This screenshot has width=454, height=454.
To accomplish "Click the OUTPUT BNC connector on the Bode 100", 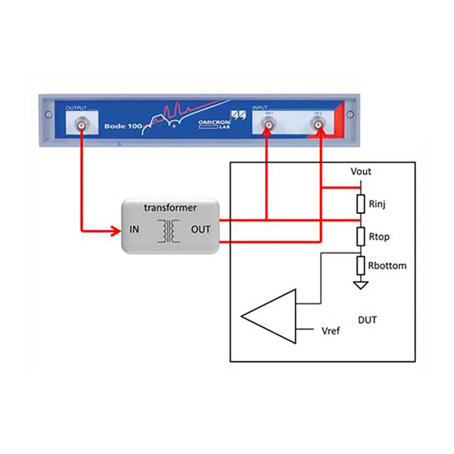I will (x=82, y=124).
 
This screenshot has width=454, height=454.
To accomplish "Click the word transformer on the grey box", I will (x=170, y=208).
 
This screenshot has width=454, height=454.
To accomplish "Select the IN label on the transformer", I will (x=134, y=230).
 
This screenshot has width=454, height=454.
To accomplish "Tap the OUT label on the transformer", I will (x=200, y=230).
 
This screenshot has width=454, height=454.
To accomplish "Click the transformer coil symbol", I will (x=168, y=231).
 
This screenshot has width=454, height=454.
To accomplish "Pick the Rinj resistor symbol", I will (x=361, y=204).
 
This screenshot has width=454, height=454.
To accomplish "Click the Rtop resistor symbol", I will (x=361, y=236).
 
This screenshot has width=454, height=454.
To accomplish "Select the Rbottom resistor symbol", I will (x=361, y=266).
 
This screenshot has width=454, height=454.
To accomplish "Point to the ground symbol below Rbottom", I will (x=361, y=285).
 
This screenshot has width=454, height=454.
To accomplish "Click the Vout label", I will (x=361, y=172).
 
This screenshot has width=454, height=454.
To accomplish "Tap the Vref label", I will (x=330, y=331).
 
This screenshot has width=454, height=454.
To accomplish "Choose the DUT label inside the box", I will (x=367, y=320).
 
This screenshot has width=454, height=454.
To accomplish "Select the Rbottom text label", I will (x=387, y=266).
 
